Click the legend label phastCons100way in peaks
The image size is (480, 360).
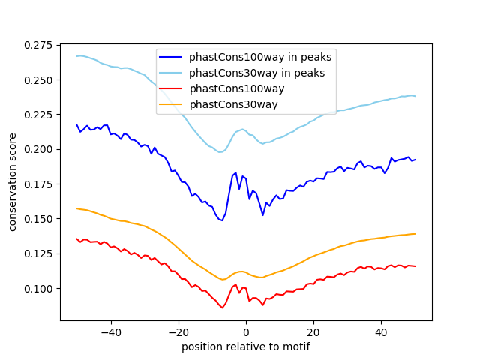click(x=260, y=56)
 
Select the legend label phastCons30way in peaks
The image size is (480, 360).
click(x=256, y=73)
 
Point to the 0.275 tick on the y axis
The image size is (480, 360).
click(x=38, y=46)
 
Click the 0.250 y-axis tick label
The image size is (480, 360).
click(x=38, y=80)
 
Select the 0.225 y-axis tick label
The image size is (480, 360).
click(x=38, y=115)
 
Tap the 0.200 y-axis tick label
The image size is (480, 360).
click(x=38, y=149)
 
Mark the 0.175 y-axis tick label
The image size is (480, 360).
click(x=38, y=184)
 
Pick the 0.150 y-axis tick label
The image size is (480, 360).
click(x=38, y=219)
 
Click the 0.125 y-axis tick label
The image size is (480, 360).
click(x=38, y=253)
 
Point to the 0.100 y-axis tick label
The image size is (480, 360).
click(x=38, y=288)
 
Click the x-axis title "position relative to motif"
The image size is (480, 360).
click(x=246, y=346)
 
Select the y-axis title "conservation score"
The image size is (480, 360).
click(x=13, y=182)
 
